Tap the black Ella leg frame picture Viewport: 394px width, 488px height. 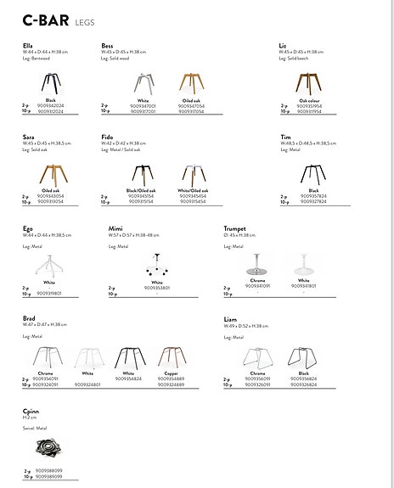coord(51,83)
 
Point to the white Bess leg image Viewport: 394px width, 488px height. coord(143,83)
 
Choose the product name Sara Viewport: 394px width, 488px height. coord(28,136)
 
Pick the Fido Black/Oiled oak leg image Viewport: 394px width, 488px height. coord(142,175)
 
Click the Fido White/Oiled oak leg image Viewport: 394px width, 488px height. coord(193,175)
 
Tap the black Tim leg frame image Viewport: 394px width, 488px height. coord(313,175)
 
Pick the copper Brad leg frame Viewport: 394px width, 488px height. coord(170,357)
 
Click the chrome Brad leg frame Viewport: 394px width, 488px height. coord(50,357)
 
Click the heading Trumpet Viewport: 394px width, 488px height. coord(235,229)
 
